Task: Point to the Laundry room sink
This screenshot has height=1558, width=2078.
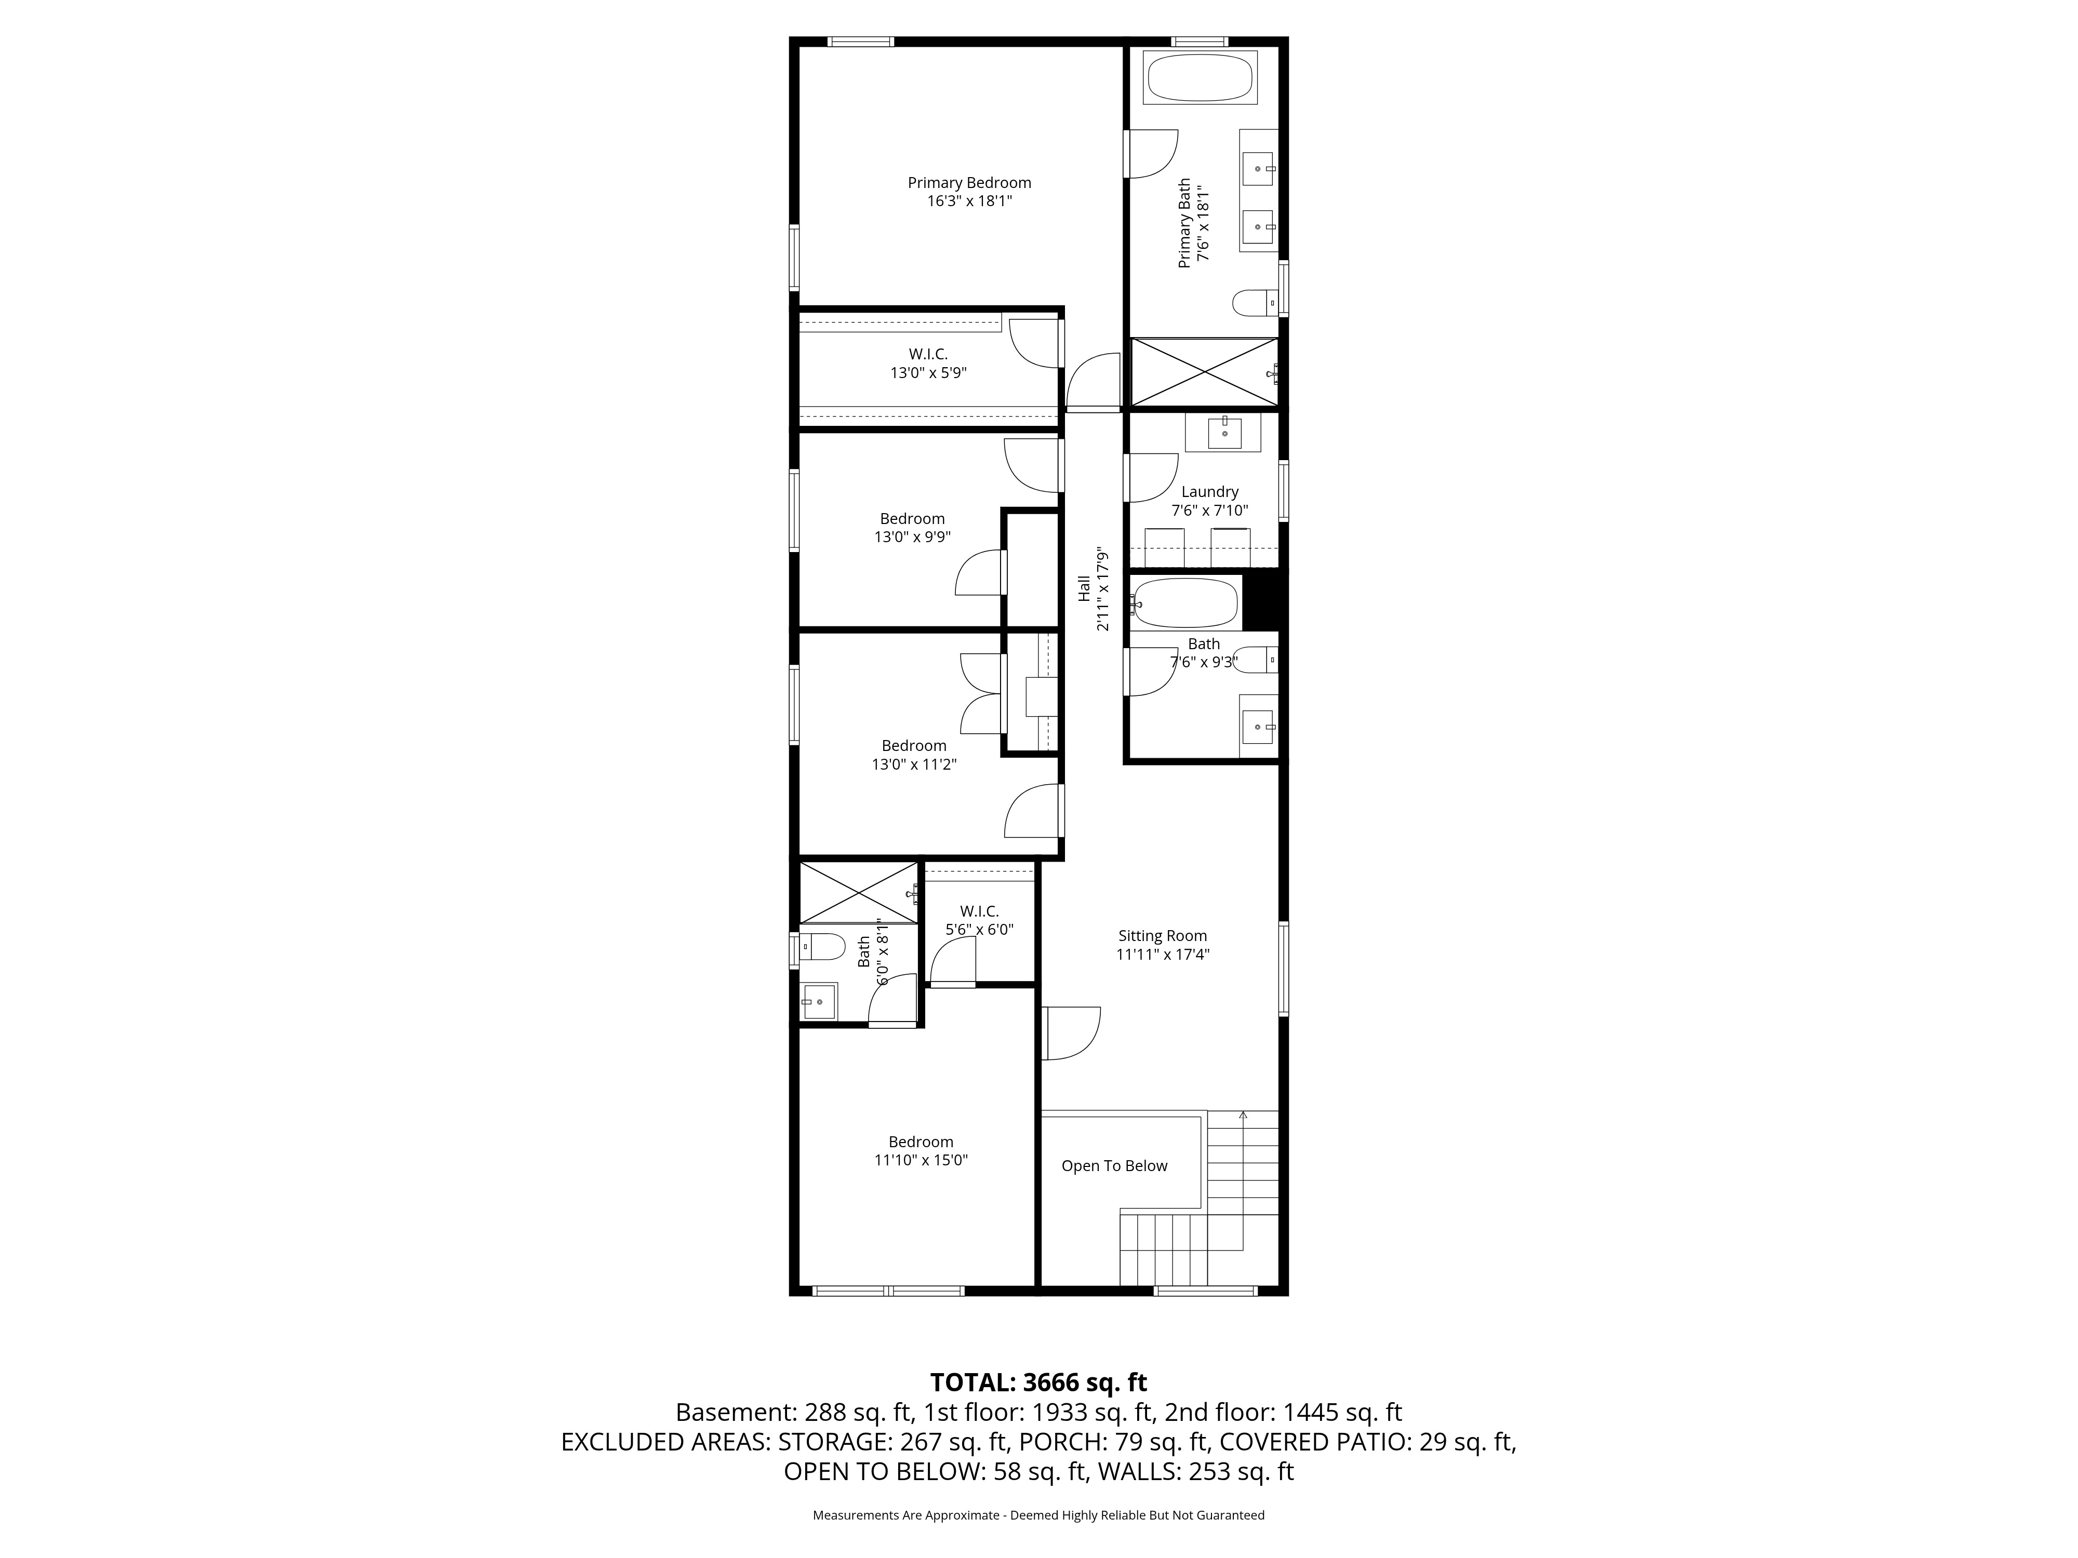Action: pos(1224,433)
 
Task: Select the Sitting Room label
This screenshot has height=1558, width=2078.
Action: pos(1162,935)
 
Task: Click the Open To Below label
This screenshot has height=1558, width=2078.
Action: pos(1114,1165)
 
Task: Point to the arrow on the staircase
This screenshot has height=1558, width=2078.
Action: pos(1243,1116)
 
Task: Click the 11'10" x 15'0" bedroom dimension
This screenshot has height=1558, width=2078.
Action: pos(921,1160)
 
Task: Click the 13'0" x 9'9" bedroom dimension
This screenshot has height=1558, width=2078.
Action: pos(912,537)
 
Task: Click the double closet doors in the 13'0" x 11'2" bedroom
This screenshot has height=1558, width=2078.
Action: pos(982,693)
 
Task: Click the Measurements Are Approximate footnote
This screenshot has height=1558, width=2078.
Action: pos(1038,1515)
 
